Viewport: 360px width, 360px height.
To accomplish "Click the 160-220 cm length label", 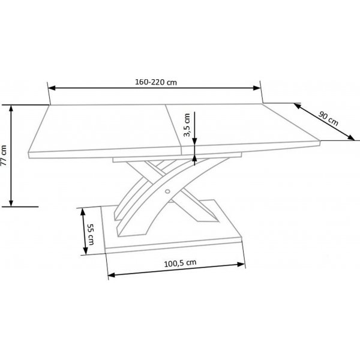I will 155,82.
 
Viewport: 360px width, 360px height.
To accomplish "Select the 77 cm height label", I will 5,155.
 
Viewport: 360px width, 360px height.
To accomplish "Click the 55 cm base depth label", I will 90,235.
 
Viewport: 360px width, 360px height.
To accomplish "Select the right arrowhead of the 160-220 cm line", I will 259,88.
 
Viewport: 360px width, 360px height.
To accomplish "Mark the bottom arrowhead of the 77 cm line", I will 11,203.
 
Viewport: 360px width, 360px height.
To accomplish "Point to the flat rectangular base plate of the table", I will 174,237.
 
